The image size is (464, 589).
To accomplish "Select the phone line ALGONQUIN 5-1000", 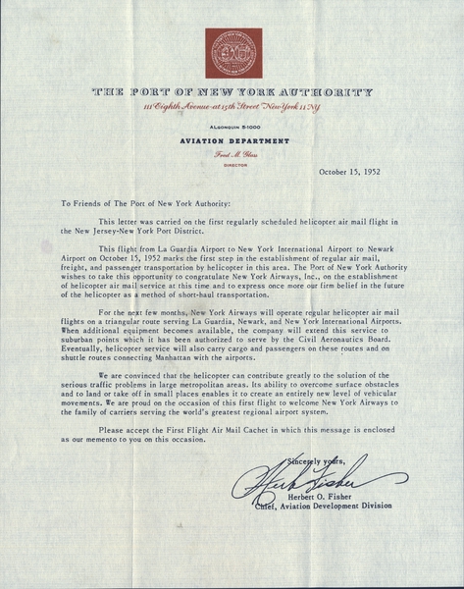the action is point(232,128).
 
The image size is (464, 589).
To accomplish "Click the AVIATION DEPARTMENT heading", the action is point(232,140).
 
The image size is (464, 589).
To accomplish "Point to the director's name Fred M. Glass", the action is point(232,153).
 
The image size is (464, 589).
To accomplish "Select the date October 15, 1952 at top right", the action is point(356,172).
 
